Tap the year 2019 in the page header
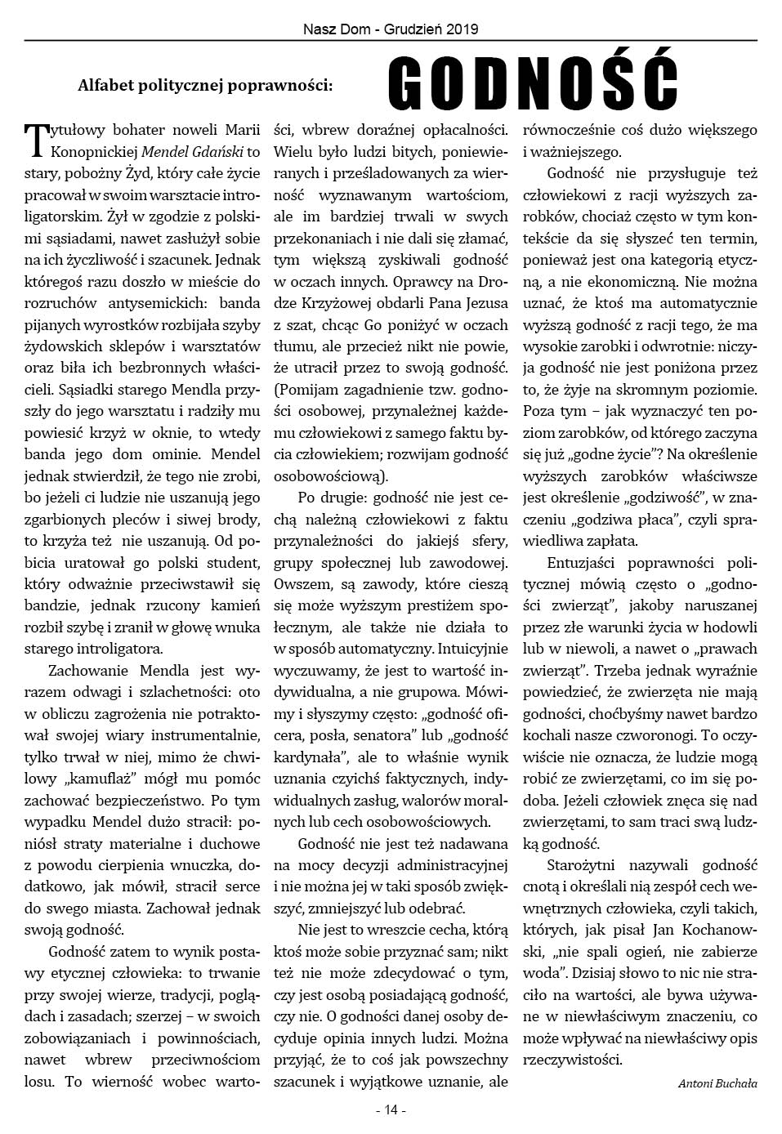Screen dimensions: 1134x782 [x=462, y=29]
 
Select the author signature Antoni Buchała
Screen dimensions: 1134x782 [x=717, y=1083]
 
